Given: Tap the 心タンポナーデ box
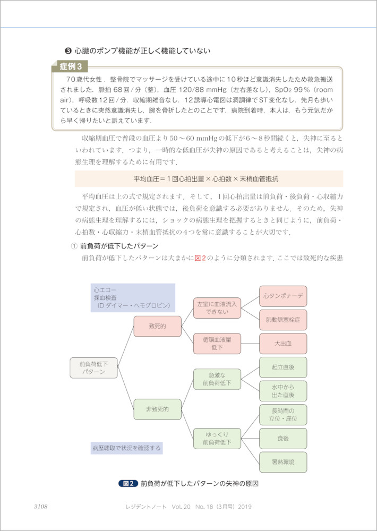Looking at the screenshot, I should click(283, 296).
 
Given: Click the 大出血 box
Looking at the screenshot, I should click(283, 344).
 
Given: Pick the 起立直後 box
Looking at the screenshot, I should click(283, 367).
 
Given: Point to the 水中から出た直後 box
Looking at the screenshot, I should click(283, 391).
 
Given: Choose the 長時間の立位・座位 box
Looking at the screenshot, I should click(283, 415).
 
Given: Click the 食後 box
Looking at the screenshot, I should click(283, 439).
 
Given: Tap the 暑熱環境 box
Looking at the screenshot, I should click(283, 462).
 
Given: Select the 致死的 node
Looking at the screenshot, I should click(158, 326).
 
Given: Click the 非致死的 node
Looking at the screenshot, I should click(158, 409).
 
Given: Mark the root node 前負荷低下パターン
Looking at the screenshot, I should click(93, 367).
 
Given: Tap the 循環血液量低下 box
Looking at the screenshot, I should click(217, 344).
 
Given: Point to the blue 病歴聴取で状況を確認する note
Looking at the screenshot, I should click(126, 448).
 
